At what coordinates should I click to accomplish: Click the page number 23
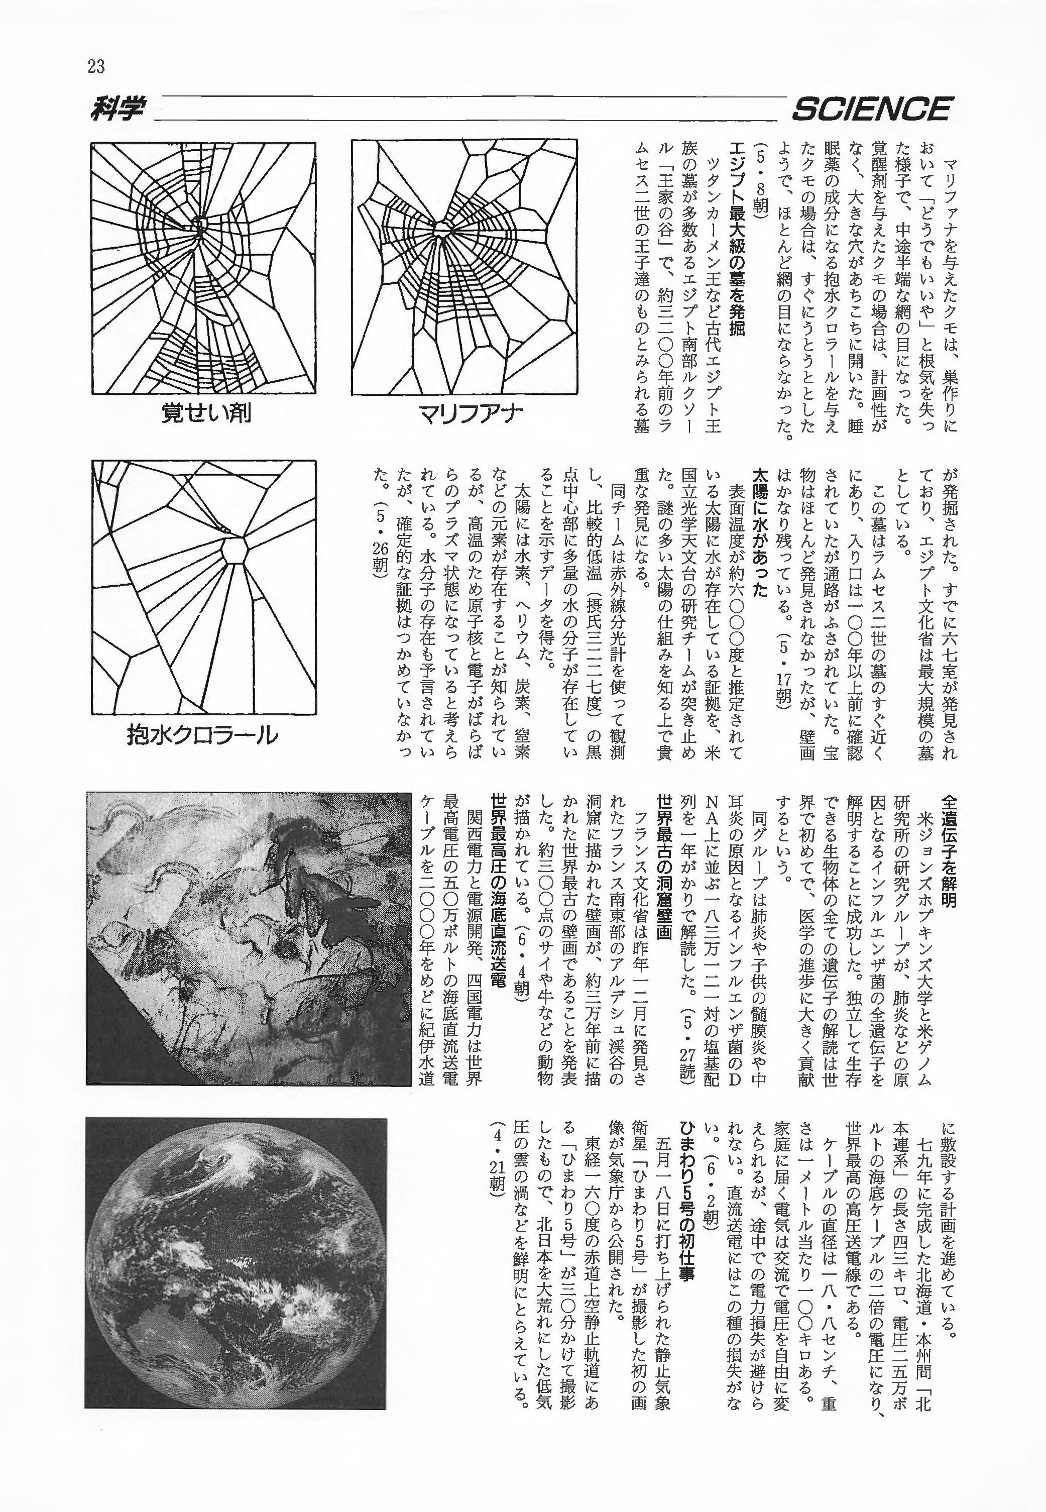click(x=95, y=66)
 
